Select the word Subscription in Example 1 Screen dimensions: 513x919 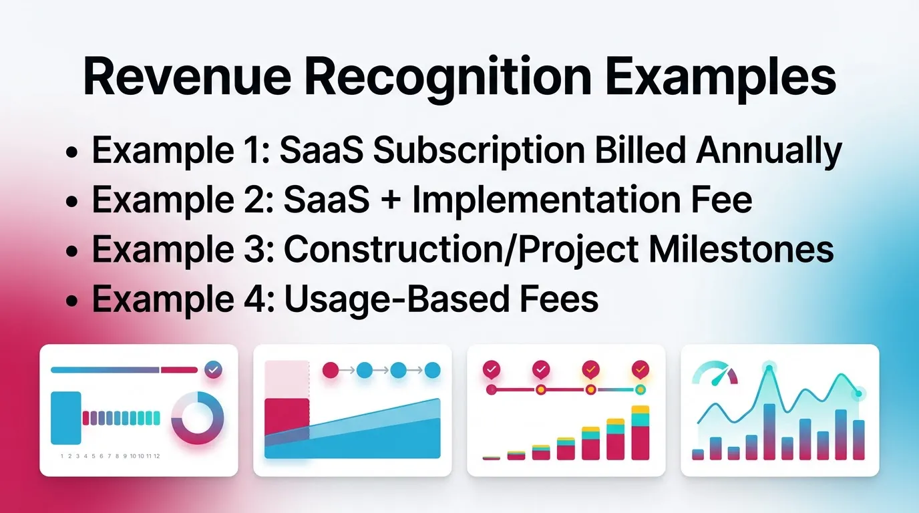click(x=478, y=151)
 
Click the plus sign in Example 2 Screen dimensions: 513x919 click(x=389, y=200)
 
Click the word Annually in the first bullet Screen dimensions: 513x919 click(x=769, y=151)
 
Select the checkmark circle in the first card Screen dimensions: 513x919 click(x=213, y=369)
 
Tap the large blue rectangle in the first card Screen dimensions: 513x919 click(x=65, y=418)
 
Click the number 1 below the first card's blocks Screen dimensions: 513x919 click(x=61, y=456)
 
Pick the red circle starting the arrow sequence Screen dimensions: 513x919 click(x=331, y=369)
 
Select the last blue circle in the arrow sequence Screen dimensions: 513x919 click(x=433, y=369)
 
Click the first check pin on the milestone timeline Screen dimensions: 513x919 click(x=492, y=369)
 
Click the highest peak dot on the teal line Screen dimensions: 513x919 click(x=769, y=367)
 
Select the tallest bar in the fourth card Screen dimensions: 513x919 click(x=769, y=432)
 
